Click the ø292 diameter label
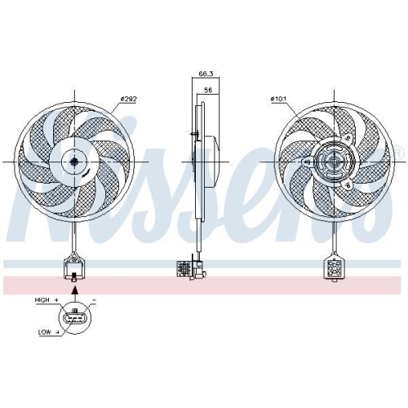[128, 99]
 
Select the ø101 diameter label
[278, 99]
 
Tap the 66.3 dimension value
[206, 73]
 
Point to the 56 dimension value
[208, 90]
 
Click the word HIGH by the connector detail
[42, 299]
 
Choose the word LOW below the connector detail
[44, 332]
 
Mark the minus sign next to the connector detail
[94, 300]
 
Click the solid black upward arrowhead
[75, 290]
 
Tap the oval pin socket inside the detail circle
[74, 318]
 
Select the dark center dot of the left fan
[74, 162]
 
